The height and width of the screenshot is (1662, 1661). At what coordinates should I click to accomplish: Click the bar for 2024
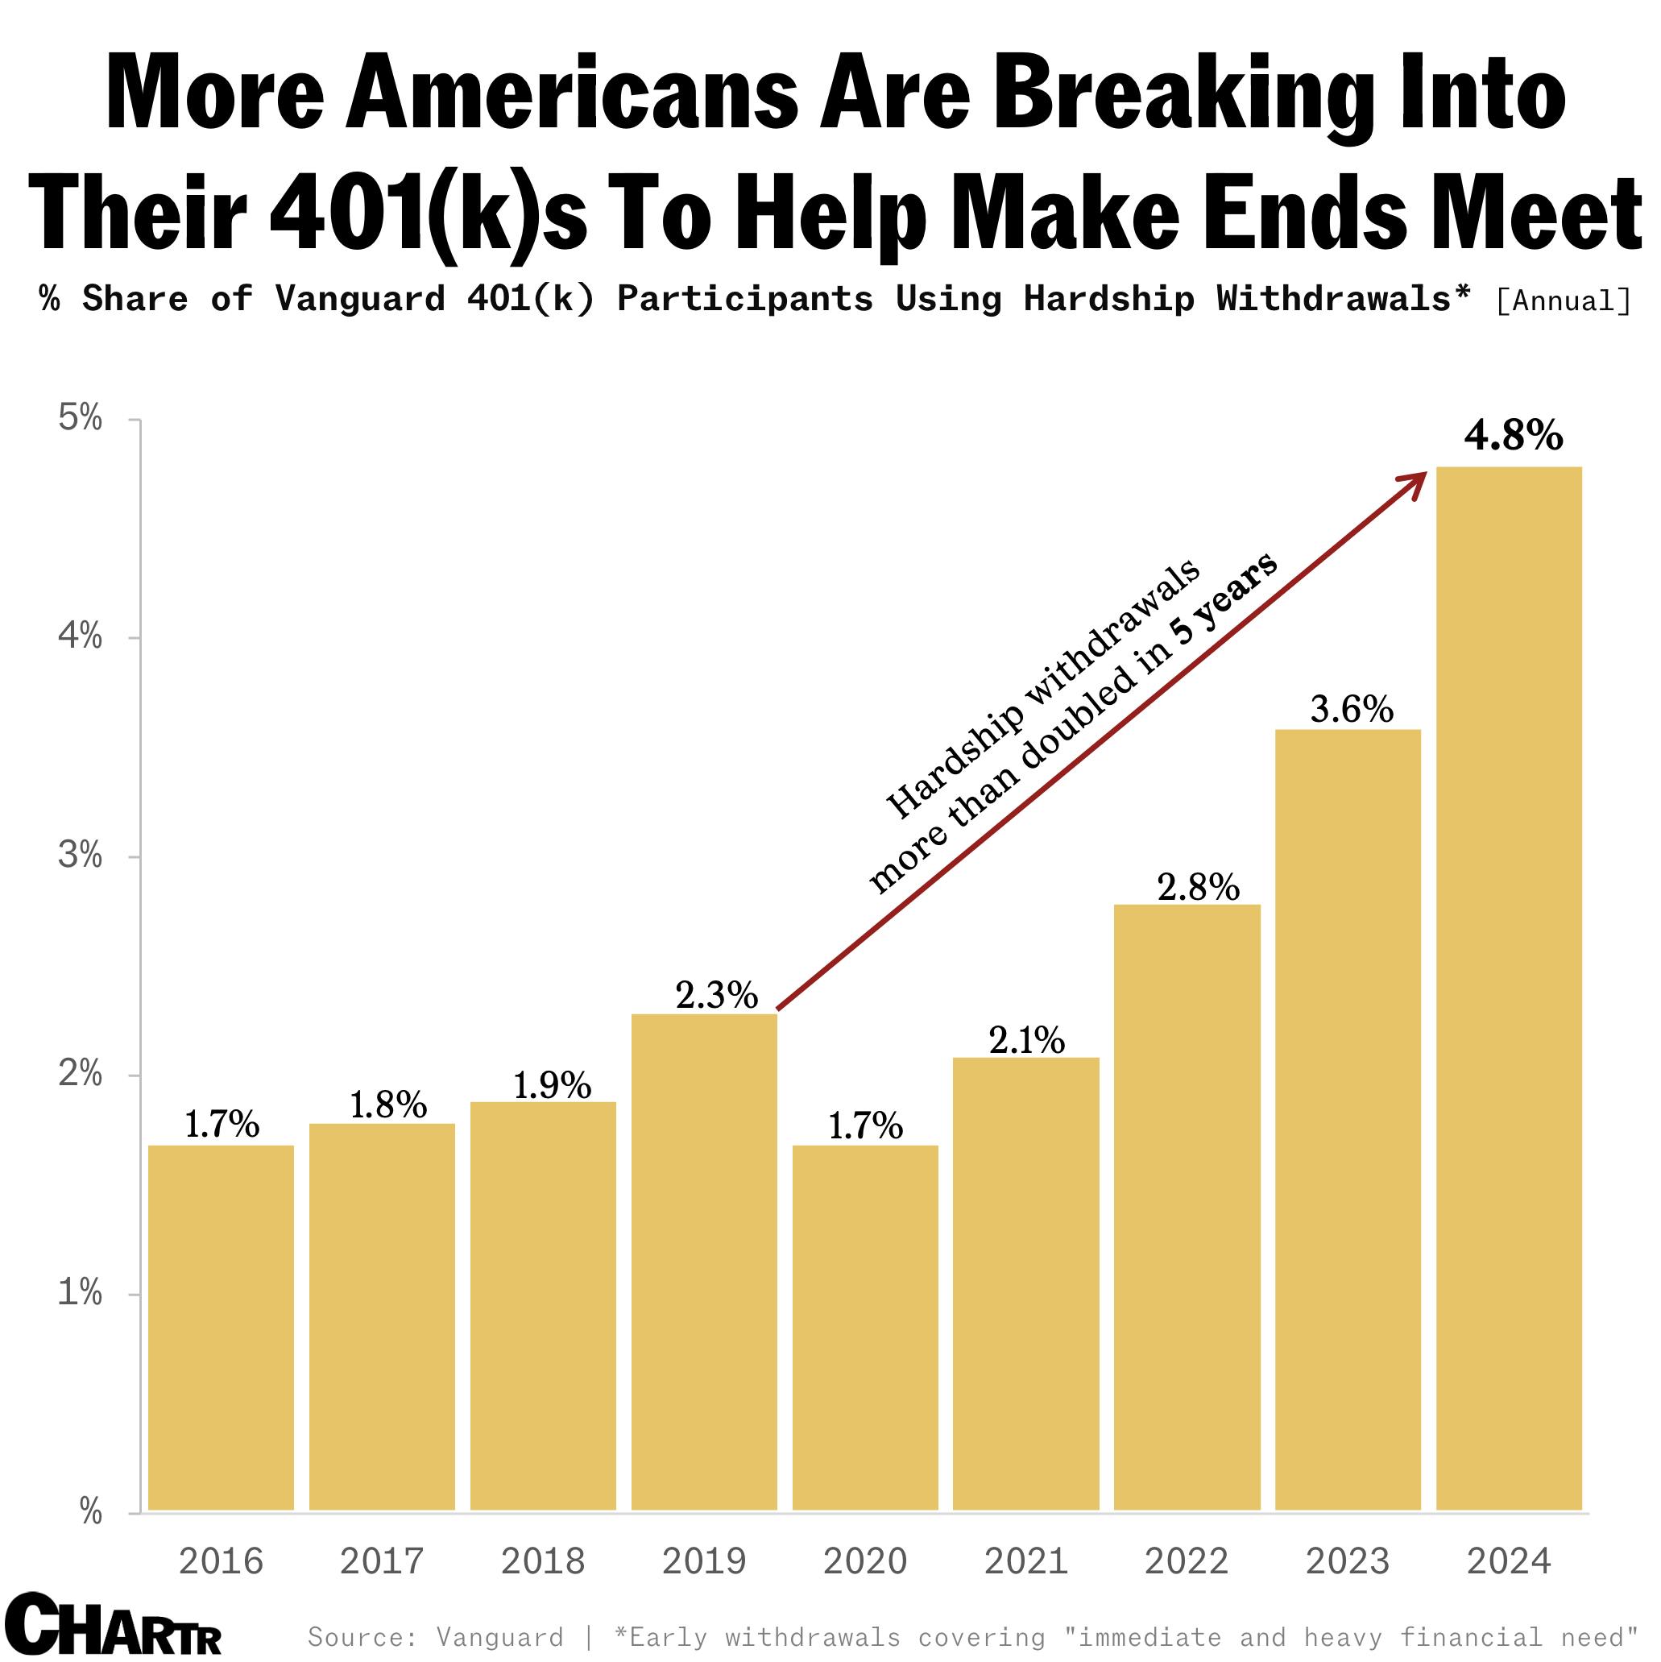(x=1509, y=989)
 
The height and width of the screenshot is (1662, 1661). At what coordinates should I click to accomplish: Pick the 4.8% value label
(x=1513, y=437)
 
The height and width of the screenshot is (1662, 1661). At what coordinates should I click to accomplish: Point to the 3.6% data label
(x=1352, y=710)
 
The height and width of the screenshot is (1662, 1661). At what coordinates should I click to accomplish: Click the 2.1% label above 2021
(x=1026, y=1041)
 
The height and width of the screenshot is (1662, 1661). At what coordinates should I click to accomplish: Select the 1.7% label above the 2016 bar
(x=222, y=1125)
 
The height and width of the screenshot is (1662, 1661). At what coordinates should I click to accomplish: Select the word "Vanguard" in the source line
(x=499, y=1636)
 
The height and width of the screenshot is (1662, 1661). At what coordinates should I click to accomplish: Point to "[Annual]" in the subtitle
(x=1563, y=301)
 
